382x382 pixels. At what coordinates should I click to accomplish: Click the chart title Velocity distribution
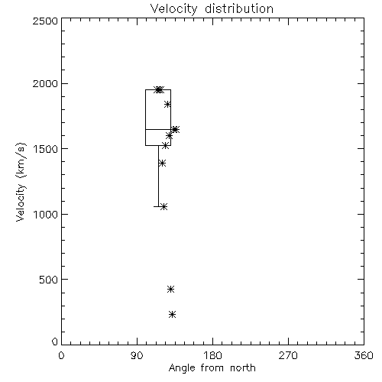click(212, 8)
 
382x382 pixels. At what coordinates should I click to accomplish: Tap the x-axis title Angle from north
click(212, 368)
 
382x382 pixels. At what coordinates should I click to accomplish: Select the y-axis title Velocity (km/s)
click(21, 182)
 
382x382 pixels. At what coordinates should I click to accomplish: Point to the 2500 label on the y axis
click(45, 21)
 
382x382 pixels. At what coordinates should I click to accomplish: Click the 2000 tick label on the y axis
click(45, 83)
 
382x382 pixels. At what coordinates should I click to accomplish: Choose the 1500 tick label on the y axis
click(45, 149)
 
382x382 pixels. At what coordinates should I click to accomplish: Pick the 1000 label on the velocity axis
click(45, 214)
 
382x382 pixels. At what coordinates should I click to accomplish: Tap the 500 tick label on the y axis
click(49, 280)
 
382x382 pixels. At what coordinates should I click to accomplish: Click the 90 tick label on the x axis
click(137, 355)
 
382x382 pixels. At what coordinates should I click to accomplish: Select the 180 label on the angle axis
click(212, 355)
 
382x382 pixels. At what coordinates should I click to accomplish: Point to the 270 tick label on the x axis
click(288, 355)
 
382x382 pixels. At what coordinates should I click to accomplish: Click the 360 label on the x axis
click(364, 355)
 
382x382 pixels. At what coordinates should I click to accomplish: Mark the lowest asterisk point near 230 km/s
click(173, 315)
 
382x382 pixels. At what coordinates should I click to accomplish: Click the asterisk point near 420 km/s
click(170, 289)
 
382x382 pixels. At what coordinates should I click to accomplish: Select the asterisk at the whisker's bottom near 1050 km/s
click(164, 206)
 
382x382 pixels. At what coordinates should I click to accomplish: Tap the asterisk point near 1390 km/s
click(162, 163)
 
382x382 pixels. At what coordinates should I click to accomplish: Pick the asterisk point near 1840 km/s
click(167, 104)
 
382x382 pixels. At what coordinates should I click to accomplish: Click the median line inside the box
click(158, 129)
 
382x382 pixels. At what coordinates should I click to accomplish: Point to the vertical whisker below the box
click(158, 176)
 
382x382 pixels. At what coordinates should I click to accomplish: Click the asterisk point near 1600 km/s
click(169, 136)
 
